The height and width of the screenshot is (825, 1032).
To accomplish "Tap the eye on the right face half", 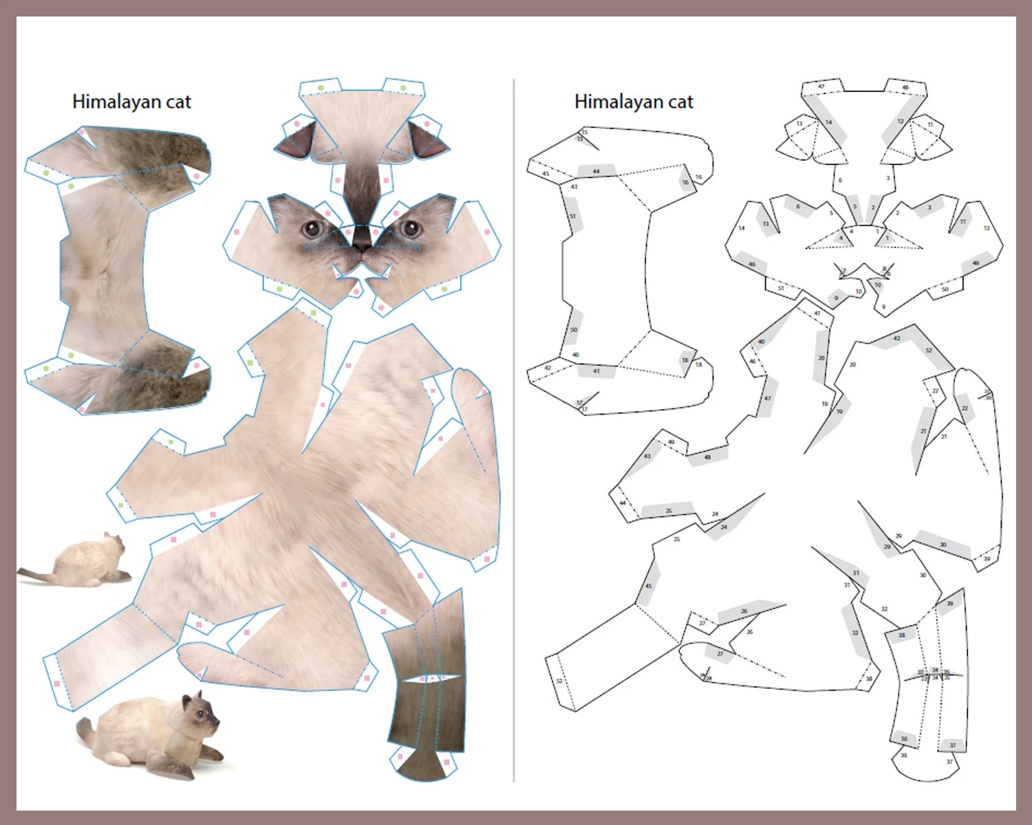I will pos(412,228).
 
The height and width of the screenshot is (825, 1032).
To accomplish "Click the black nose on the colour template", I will pos(361,245).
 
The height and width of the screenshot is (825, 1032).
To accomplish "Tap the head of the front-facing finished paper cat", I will pos(199,715).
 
